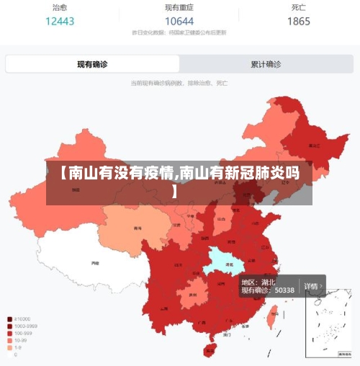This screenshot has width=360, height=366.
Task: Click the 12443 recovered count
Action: point(60,21)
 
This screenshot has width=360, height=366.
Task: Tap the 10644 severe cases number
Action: point(179,21)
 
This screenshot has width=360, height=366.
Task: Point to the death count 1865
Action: point(299,21)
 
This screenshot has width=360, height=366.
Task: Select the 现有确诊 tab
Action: point(92,64)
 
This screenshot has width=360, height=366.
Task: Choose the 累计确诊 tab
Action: point(266,64)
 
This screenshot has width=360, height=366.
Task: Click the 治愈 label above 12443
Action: point(60,7)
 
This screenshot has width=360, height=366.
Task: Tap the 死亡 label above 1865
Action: point(299,7)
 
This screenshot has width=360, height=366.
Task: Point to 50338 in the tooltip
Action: point(284,290)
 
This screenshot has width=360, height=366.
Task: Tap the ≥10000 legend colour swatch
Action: point(9,319)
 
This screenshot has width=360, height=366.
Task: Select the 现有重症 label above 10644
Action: point(179,7)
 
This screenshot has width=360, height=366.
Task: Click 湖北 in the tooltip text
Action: point(267,282)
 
